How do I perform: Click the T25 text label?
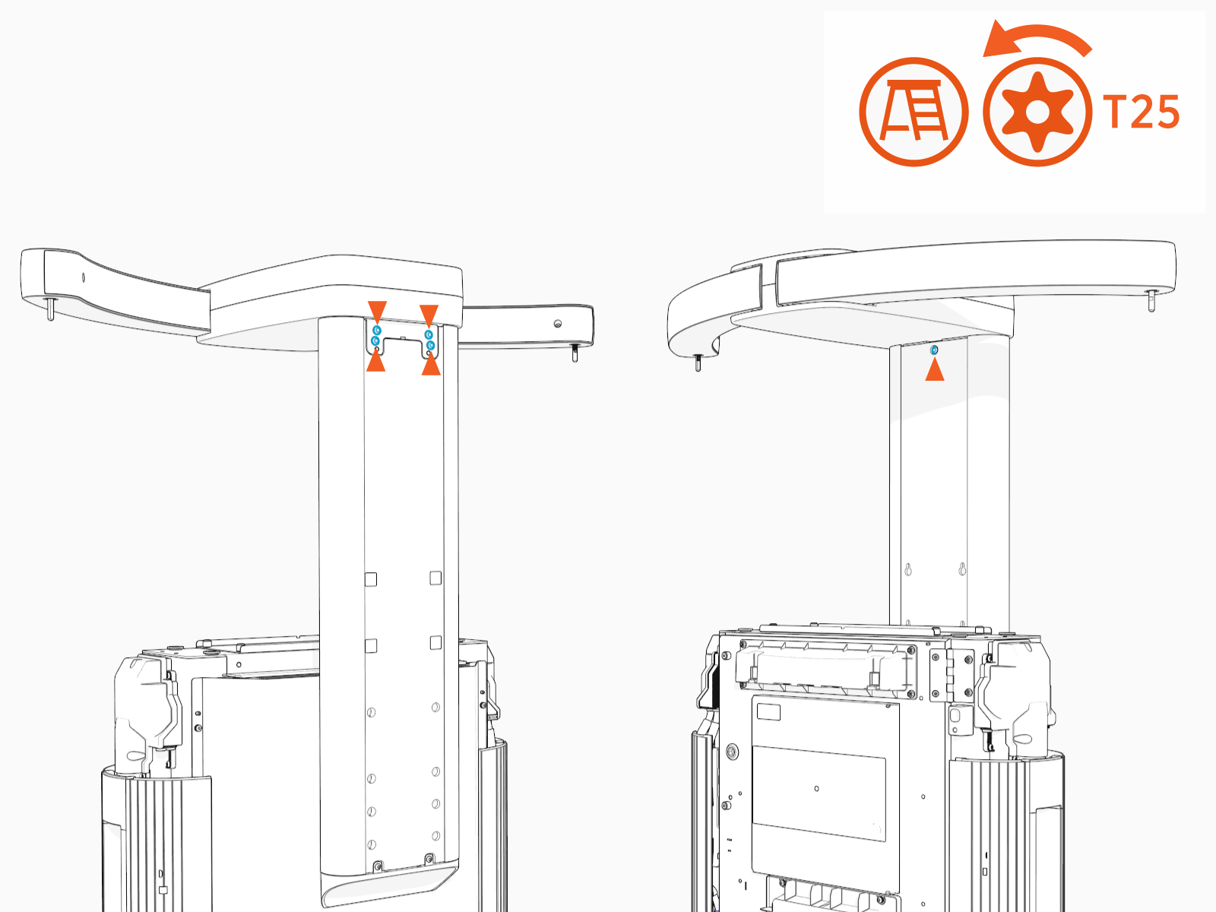(1142, 112)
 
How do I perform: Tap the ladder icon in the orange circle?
(914, 112)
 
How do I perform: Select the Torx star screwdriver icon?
(1037, 112)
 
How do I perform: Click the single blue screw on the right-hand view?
(934, 350)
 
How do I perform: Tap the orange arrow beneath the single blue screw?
(934, 370)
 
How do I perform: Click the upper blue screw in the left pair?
(376, 331)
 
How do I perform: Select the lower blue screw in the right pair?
(431, 346)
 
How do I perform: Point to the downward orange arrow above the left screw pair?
(377, 311)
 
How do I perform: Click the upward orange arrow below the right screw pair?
(431, 366)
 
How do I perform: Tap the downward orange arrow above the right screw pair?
(429, 315)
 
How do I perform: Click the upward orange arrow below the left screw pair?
(376, 362)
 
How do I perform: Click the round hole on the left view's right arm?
(558, 324)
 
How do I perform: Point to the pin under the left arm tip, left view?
(50, 309)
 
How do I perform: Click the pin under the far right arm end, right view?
(1151, 301)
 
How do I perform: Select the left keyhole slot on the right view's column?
(907, 569)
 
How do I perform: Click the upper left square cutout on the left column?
(371, 579)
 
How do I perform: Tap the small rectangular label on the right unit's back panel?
(768, 712)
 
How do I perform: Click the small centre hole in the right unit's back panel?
(817, 788)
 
